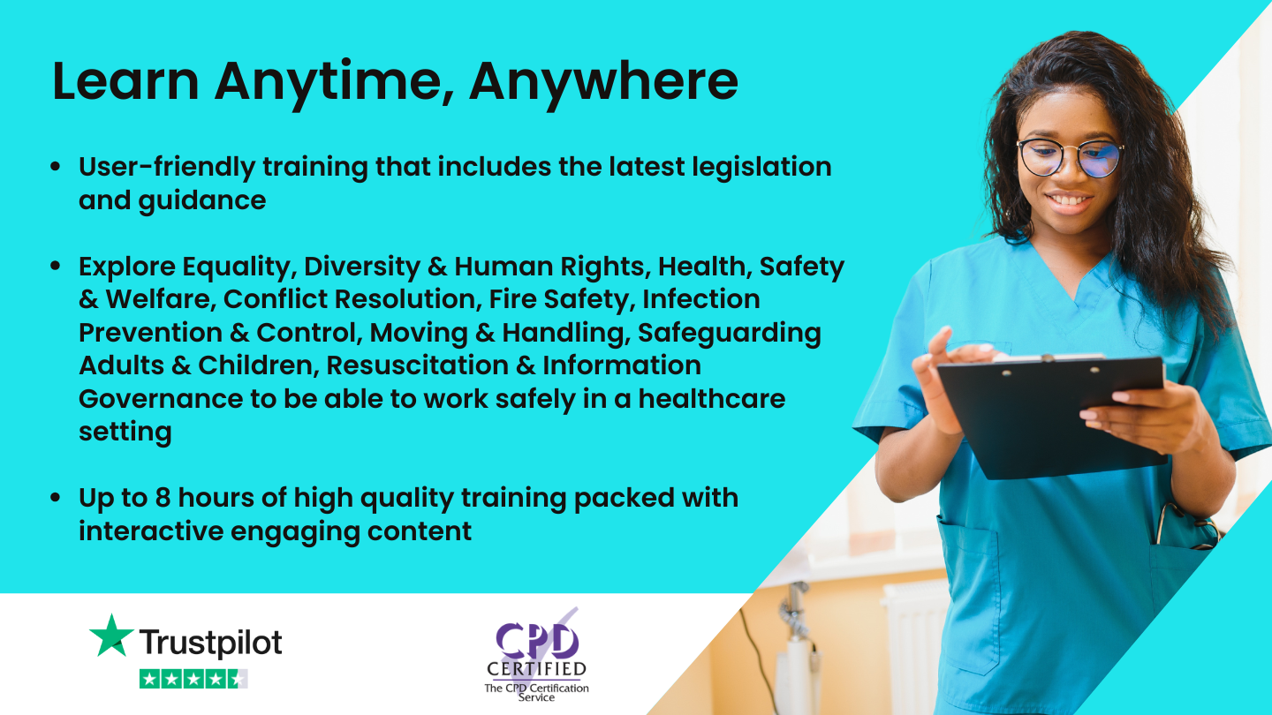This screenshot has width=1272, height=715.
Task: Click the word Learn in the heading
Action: pos(125,82)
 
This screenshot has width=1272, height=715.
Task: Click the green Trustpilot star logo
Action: pos(111,636)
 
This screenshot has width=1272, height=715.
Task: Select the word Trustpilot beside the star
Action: pos(211,643)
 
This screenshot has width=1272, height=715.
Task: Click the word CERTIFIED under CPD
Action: pos(536,670)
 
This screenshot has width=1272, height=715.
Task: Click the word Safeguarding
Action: pos(730,333)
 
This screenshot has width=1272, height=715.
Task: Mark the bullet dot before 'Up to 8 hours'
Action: pos(56,499)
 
